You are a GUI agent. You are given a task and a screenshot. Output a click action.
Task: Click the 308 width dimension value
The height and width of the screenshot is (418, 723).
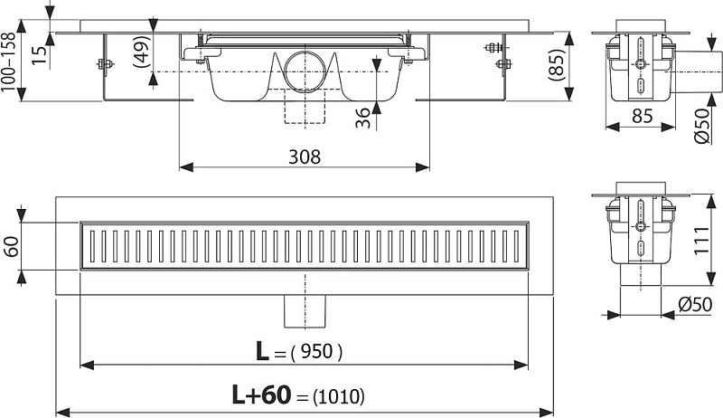[305, 157]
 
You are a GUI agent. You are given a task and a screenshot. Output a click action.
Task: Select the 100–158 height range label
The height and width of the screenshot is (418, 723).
[8, 62]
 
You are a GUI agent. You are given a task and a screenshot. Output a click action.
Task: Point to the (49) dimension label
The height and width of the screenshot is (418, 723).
[142, 52]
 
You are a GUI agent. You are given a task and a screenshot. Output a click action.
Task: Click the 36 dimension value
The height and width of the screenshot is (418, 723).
[363, 118]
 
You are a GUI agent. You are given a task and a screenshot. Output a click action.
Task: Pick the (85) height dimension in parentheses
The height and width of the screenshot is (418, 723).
[557, 65]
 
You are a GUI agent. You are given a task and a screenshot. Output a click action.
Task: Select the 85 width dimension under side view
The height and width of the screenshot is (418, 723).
[642, 116]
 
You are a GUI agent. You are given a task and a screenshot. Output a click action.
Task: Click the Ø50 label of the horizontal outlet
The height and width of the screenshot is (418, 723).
[702, 126]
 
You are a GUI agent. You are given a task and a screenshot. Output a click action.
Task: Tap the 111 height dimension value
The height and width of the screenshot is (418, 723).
[701, 240]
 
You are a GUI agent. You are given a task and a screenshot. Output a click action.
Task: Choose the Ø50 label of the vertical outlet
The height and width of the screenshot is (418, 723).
[695, 305]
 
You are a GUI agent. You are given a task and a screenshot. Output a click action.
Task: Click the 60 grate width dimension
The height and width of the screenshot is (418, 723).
[11, 246]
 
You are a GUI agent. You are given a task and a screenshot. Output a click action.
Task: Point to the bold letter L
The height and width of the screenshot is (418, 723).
[262, 352]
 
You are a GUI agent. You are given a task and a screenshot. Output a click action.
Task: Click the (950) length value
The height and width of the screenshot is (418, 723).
[316, 353]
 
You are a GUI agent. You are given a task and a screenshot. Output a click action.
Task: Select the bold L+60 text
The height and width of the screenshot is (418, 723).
[261, 395]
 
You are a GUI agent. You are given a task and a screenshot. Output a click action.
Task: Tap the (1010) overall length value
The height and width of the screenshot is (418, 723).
[338, 396]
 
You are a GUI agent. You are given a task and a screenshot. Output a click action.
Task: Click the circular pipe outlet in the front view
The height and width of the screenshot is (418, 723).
[305, 71]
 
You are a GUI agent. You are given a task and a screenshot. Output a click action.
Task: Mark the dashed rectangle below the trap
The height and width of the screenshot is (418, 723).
[305, 106]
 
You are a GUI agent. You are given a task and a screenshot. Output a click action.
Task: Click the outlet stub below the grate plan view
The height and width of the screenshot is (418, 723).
[305, 311]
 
